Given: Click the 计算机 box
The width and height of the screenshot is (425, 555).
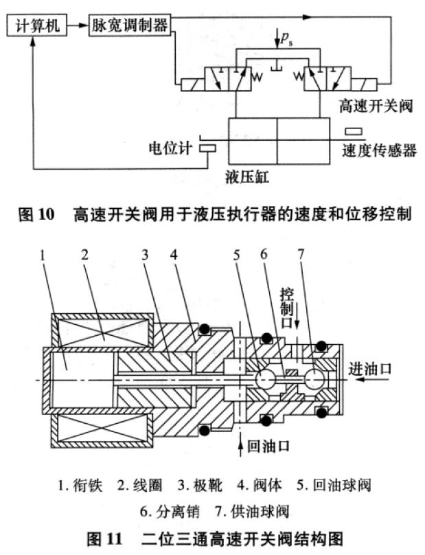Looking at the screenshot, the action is (37, 25).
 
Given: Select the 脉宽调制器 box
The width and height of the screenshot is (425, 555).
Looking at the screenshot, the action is (130, 25).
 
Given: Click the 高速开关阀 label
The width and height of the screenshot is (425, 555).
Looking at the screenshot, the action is (376, 106).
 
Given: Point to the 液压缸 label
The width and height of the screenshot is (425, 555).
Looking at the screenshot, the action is (247, 177).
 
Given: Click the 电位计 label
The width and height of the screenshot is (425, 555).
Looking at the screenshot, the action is (170, 148).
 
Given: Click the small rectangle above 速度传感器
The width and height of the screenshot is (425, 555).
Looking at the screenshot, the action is (354, 132).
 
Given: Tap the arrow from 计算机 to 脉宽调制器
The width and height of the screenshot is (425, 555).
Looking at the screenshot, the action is (78, 25).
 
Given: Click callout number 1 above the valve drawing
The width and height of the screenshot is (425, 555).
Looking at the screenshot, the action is (43, 256).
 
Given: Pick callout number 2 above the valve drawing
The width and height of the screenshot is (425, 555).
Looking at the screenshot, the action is (84, 255).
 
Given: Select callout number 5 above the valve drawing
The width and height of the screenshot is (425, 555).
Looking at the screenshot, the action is (236, 255).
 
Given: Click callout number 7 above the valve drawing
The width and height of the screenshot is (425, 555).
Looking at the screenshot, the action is (301, 254).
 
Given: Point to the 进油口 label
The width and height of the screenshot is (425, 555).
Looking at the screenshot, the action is (370, 369).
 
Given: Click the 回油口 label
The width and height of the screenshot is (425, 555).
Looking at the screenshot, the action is (268, 446).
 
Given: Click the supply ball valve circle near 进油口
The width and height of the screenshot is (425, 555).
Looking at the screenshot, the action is (314, 379).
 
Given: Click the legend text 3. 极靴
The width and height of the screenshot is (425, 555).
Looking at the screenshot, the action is (200, 485).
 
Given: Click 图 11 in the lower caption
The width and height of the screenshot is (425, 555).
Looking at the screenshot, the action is (105, 539).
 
